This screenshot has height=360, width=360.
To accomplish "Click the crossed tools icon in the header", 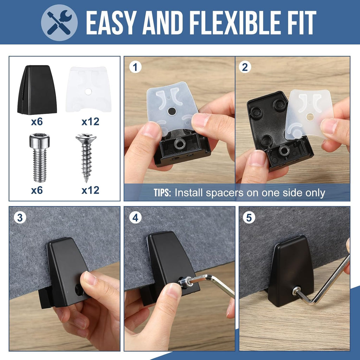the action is [59, 22].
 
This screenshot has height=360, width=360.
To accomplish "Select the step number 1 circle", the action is [135, 67].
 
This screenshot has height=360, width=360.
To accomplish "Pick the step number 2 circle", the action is [245, 67].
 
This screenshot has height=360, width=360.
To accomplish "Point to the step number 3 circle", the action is [20, 217].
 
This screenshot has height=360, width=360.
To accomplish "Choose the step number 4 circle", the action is [135, 217].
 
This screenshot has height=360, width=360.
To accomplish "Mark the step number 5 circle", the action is [249, 217].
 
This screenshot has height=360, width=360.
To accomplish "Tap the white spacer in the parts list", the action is [89, 89].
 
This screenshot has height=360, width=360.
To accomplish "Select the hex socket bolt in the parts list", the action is [40, 157].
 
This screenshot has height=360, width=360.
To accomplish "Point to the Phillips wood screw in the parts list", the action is [86, 157].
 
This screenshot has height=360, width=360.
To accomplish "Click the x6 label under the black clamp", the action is [37, 122].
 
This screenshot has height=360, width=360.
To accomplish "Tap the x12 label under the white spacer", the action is [90, 122].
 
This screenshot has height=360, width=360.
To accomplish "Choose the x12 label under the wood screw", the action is [90, 190].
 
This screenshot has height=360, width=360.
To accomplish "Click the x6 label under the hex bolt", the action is [37, 190].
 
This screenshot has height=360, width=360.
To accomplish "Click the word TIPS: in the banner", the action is [162, 193].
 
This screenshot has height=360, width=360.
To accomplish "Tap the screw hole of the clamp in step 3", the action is [79, 290].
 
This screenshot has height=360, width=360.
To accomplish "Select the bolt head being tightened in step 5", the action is [296, 290].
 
